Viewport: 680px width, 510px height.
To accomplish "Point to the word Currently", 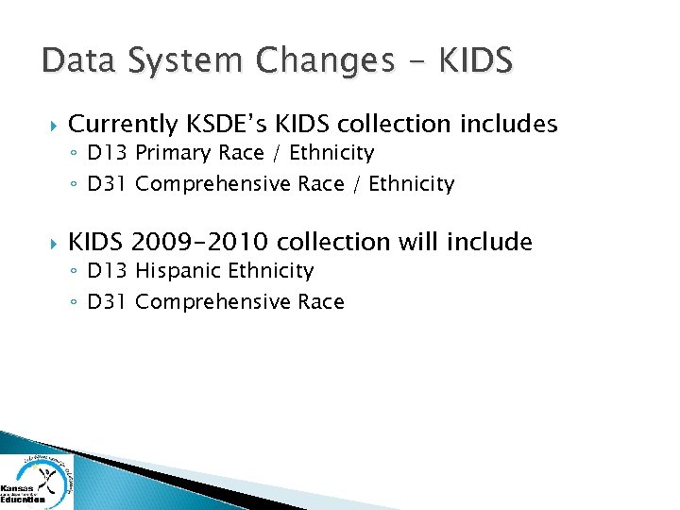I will click(124, 125).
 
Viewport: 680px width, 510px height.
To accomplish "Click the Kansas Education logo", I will click(36, 482).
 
